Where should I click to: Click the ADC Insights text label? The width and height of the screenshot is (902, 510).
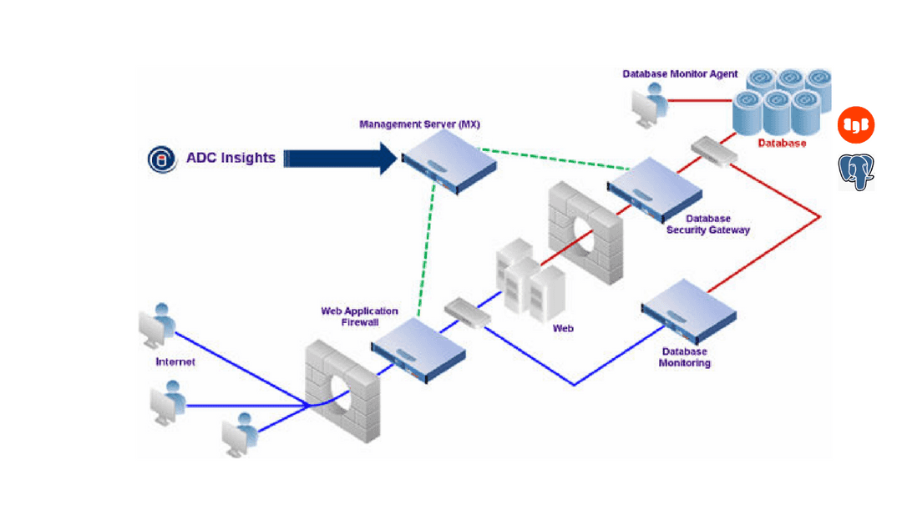pyautogui.click(x=231, y=158)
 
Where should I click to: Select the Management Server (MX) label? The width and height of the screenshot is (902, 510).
pyautogui.click(x=419, y=124)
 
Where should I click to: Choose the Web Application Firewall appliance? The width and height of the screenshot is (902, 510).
pyautogui.click(x=418, y=348)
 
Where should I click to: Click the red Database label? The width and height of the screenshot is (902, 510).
pyautogui.click(x=782, y=143)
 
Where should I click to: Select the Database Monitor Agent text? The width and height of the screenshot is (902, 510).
pyautogui.click(x=680, y=74)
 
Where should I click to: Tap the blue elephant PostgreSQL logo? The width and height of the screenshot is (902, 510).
pyautogui.click(x=856, y=172)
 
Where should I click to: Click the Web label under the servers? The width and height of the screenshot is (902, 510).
pyautogui.click(x=563, y=328)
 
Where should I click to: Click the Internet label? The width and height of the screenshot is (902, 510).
pyautogui.click(x=175, y=361)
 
